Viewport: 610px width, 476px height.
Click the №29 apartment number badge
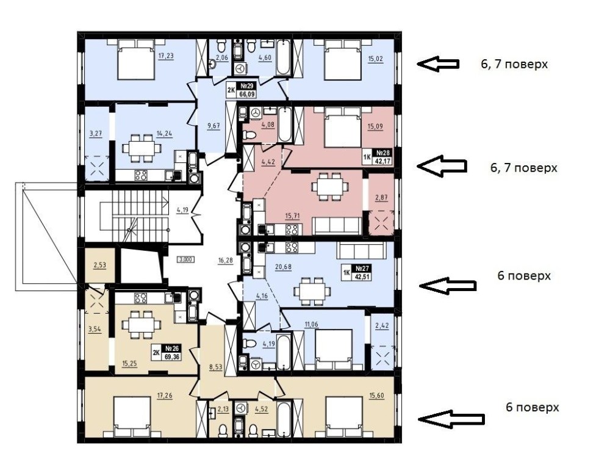pos(242,90)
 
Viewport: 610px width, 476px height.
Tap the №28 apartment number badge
pos(378,157)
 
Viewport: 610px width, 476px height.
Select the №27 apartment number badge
pos(356,272)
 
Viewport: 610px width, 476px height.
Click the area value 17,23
pos(166,56)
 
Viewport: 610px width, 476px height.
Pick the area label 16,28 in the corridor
pos(226,261)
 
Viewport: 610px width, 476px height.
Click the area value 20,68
pos(283,267)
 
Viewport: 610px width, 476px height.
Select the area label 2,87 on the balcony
pos(381,197)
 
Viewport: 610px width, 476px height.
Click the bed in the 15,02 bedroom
pos(343,60)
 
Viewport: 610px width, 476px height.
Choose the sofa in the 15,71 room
pos(337,226)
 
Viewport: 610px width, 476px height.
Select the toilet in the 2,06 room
pos(221,47)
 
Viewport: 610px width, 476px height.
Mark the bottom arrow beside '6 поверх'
pos(451,419)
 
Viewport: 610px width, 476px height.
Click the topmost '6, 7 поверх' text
pos(514,64)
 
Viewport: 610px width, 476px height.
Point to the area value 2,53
pos(99,265)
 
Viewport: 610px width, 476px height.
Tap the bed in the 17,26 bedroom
pos(132,417)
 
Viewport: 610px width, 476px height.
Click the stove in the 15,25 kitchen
pos(140,298)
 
